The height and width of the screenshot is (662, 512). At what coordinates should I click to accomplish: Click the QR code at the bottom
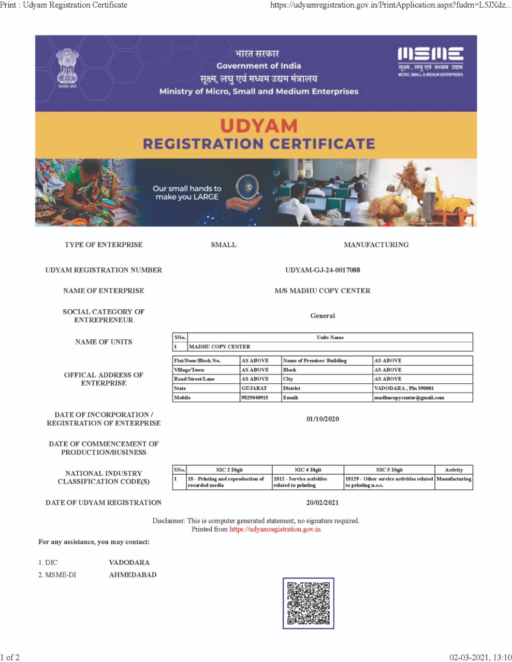[308, 603]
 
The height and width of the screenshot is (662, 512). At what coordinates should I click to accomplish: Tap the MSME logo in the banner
[430, 61]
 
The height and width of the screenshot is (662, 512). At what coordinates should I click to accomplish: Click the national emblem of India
[67, 69]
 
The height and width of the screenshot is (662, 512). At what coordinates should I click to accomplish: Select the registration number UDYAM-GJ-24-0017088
[323, 270]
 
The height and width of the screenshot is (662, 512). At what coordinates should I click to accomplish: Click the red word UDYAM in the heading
[259, 126]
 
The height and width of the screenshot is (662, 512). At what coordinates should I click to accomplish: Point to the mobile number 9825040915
[255, 398]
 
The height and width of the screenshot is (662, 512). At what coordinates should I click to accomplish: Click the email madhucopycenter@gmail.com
[409, 398]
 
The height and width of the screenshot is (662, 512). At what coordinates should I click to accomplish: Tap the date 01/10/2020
[323, 419]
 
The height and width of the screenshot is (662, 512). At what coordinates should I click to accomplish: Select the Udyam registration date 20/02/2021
[323, 502]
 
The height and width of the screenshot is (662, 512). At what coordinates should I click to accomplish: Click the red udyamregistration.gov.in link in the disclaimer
[275, 529]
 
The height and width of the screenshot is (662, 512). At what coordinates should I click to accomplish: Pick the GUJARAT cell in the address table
[254, 388]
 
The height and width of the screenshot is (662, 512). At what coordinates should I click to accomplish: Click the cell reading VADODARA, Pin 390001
[404, 388]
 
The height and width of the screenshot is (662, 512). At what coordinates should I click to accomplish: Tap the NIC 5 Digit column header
[389, 470]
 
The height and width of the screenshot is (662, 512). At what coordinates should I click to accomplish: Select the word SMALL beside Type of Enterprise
[224, 245]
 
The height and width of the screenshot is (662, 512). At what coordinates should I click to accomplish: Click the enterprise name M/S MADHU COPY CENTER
[323, 291]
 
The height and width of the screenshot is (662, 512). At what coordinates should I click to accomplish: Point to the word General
[323, 315]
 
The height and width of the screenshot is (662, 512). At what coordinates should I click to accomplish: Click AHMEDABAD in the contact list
[133, 575]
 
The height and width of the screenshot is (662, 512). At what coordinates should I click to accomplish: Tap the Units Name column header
[330, 337]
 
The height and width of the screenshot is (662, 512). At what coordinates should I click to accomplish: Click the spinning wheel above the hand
[246, 186]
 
